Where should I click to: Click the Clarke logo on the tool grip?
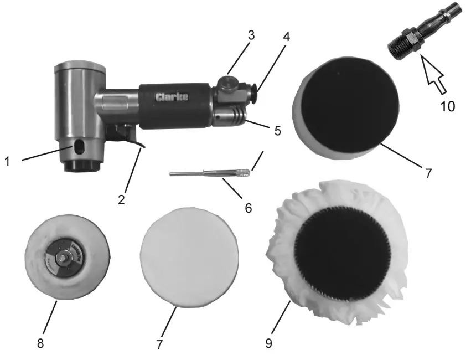(x=172, y=97)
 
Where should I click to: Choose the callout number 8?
(x=40, y=343)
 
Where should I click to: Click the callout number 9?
(x=268, y=343)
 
